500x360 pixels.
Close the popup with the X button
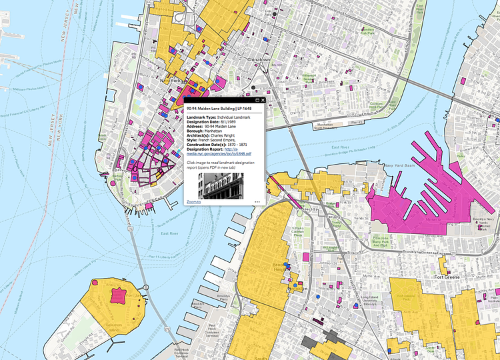click(263, 100)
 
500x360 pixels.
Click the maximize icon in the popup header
click(257, 100)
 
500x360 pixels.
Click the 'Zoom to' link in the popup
click(193, 200)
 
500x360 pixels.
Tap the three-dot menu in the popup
click(257, 200)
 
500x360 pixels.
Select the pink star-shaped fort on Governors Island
click(119, 295)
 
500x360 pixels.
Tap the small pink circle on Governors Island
click(95, 283)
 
